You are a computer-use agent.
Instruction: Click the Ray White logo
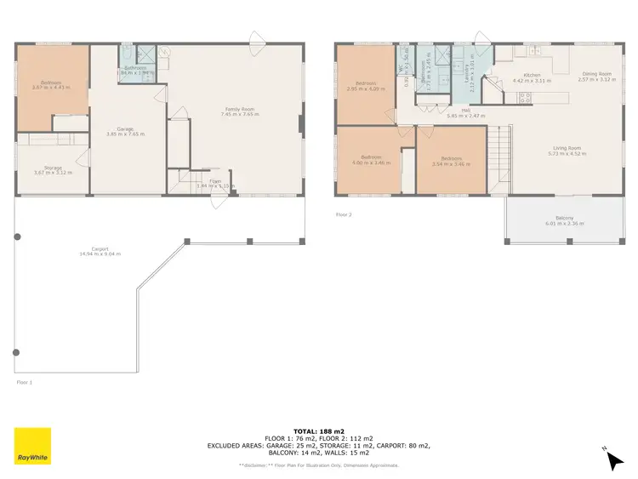32,446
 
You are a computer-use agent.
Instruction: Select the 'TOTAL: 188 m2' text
318,431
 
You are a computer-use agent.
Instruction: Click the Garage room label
125,130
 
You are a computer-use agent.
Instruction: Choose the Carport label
100,251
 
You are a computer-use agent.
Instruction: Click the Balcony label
559,220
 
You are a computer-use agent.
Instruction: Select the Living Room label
559,151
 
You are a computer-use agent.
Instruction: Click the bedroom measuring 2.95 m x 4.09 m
367,86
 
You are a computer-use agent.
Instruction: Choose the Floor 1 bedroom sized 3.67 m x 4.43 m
53,85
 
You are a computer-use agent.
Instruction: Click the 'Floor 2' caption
344,214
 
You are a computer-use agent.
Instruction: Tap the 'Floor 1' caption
25,383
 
